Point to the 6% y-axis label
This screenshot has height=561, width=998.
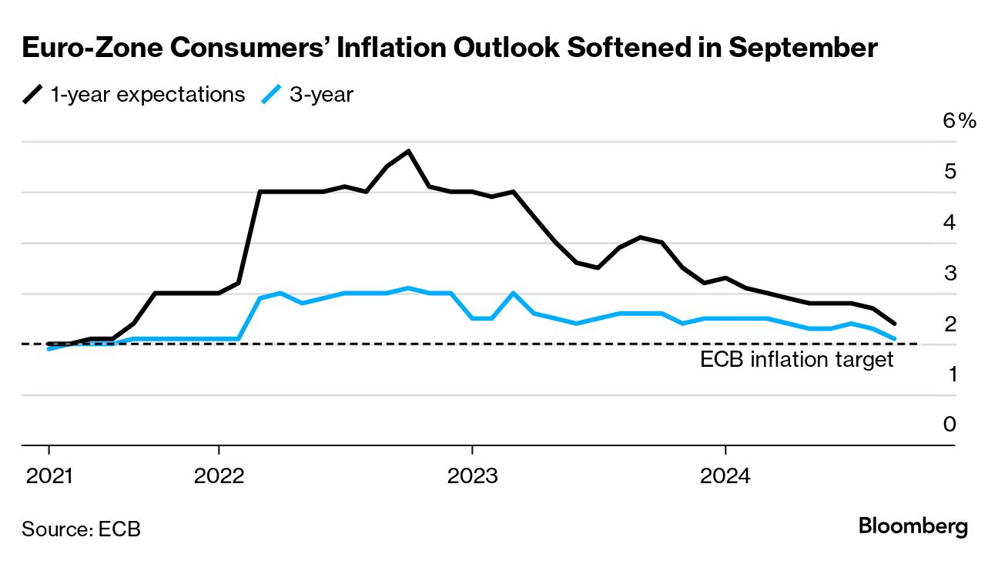(959, 121)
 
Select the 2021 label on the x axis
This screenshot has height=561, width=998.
(49, 476)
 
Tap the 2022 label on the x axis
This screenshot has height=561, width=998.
(219, 476)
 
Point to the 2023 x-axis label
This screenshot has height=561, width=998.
(472, 476)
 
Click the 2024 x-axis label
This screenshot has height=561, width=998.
(725, 476)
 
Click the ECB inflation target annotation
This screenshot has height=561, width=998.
(796, 360)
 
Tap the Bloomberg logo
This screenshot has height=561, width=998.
(913, 527)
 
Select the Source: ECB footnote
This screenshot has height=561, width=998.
(81, 529)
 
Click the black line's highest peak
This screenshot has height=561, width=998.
(408, 151)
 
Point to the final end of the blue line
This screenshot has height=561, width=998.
(894, 338)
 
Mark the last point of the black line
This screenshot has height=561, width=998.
(894, 324)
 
